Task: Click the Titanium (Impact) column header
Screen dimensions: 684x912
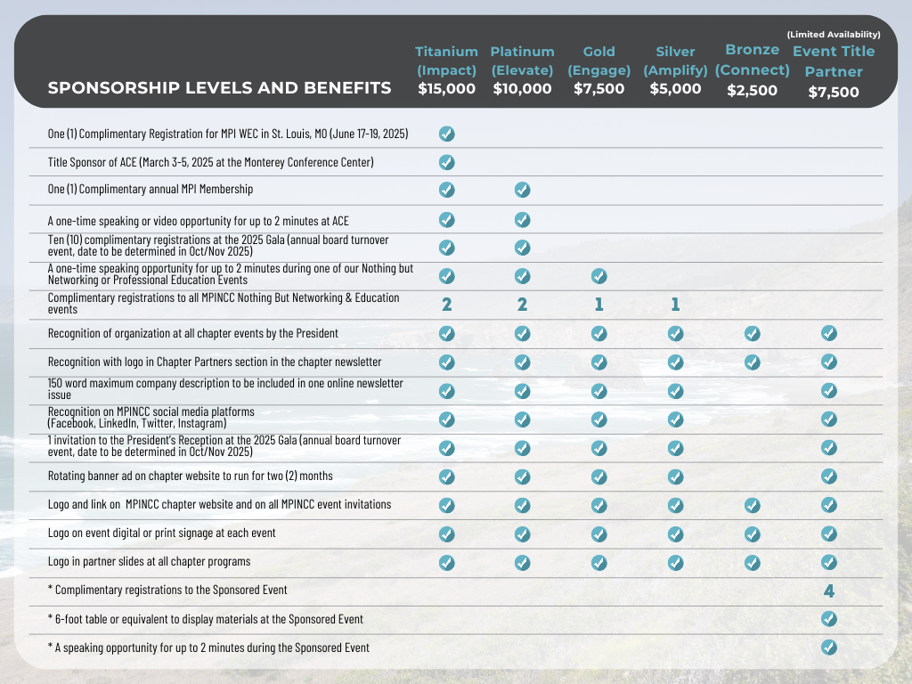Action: [446, 61]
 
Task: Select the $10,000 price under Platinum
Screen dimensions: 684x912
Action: [522, 89]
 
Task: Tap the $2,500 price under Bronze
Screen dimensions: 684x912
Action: [753, 90]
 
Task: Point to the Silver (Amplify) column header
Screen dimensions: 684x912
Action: [675, 61]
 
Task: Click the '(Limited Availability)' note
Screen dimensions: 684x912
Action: [834, 35]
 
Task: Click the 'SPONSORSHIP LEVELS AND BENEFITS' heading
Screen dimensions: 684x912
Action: [219, 88]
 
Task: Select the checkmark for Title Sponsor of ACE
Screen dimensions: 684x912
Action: [447, 162]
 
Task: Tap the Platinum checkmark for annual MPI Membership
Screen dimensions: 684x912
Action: [523, 190]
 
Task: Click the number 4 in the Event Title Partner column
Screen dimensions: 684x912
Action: [829, 590]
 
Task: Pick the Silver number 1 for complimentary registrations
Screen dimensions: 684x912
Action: [675, 305]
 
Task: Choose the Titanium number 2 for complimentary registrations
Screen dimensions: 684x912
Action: [447, 305]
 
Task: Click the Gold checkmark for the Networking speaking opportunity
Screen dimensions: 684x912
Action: [598, 276]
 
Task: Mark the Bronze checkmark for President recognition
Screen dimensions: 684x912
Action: [753, 333]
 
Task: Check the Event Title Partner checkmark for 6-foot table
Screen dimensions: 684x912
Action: [829, 619]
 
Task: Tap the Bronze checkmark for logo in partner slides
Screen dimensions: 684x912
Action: [753, 562]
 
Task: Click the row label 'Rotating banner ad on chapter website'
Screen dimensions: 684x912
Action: [190, 476]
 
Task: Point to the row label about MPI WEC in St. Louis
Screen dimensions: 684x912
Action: [227, 134]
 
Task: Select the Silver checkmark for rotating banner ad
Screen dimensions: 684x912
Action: [675, 476]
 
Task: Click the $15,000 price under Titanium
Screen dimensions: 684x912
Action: [446, 89]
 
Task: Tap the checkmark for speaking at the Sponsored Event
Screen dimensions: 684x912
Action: [829, 647]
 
